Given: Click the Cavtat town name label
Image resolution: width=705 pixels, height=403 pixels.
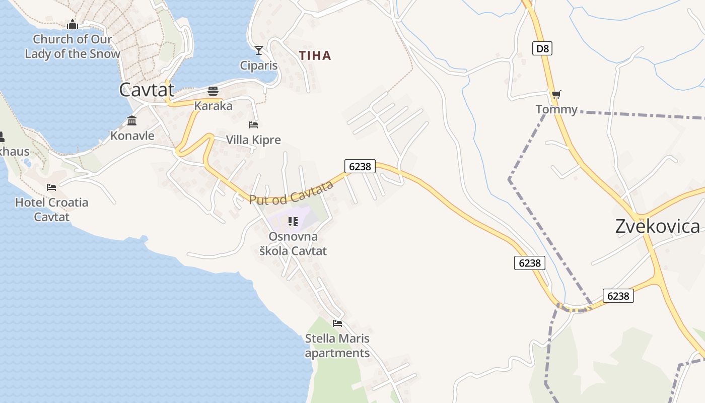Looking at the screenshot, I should (147, 90).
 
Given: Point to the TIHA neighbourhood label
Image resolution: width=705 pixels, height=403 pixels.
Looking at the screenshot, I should (315, 56).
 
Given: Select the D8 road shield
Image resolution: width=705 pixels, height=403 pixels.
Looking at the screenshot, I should (542, 49).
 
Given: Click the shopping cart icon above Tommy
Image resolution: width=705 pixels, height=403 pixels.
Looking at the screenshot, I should (556, 94).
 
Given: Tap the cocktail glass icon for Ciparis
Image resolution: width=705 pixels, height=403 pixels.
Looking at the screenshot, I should (259, 50).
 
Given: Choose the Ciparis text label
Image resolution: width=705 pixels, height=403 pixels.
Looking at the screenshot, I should (259, 65).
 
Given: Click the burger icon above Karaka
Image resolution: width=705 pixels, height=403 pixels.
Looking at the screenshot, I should (213, 91).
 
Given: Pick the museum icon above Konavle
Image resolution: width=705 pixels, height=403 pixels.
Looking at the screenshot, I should (132, 120).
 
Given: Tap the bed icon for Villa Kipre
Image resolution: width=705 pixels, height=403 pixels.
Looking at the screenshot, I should (253, 125).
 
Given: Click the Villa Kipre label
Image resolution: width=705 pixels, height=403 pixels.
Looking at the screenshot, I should (253, 140).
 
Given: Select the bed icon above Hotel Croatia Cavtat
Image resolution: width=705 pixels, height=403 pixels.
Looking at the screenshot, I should (51, 187).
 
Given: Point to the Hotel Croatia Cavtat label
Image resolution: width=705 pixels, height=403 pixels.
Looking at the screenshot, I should (51, 210).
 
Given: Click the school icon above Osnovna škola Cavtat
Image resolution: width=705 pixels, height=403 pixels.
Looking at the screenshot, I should (293, 221).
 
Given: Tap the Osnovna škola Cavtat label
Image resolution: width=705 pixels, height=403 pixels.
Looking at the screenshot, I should (293, 244).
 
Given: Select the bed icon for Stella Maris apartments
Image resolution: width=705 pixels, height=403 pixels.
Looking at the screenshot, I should (337, 323).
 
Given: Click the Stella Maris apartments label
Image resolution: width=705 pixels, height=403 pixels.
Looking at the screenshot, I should (337, 346).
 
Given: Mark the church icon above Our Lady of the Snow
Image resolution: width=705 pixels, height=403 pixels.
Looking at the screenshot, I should (73, 24).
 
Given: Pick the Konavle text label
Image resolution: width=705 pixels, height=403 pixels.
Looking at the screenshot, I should (132, 135).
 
